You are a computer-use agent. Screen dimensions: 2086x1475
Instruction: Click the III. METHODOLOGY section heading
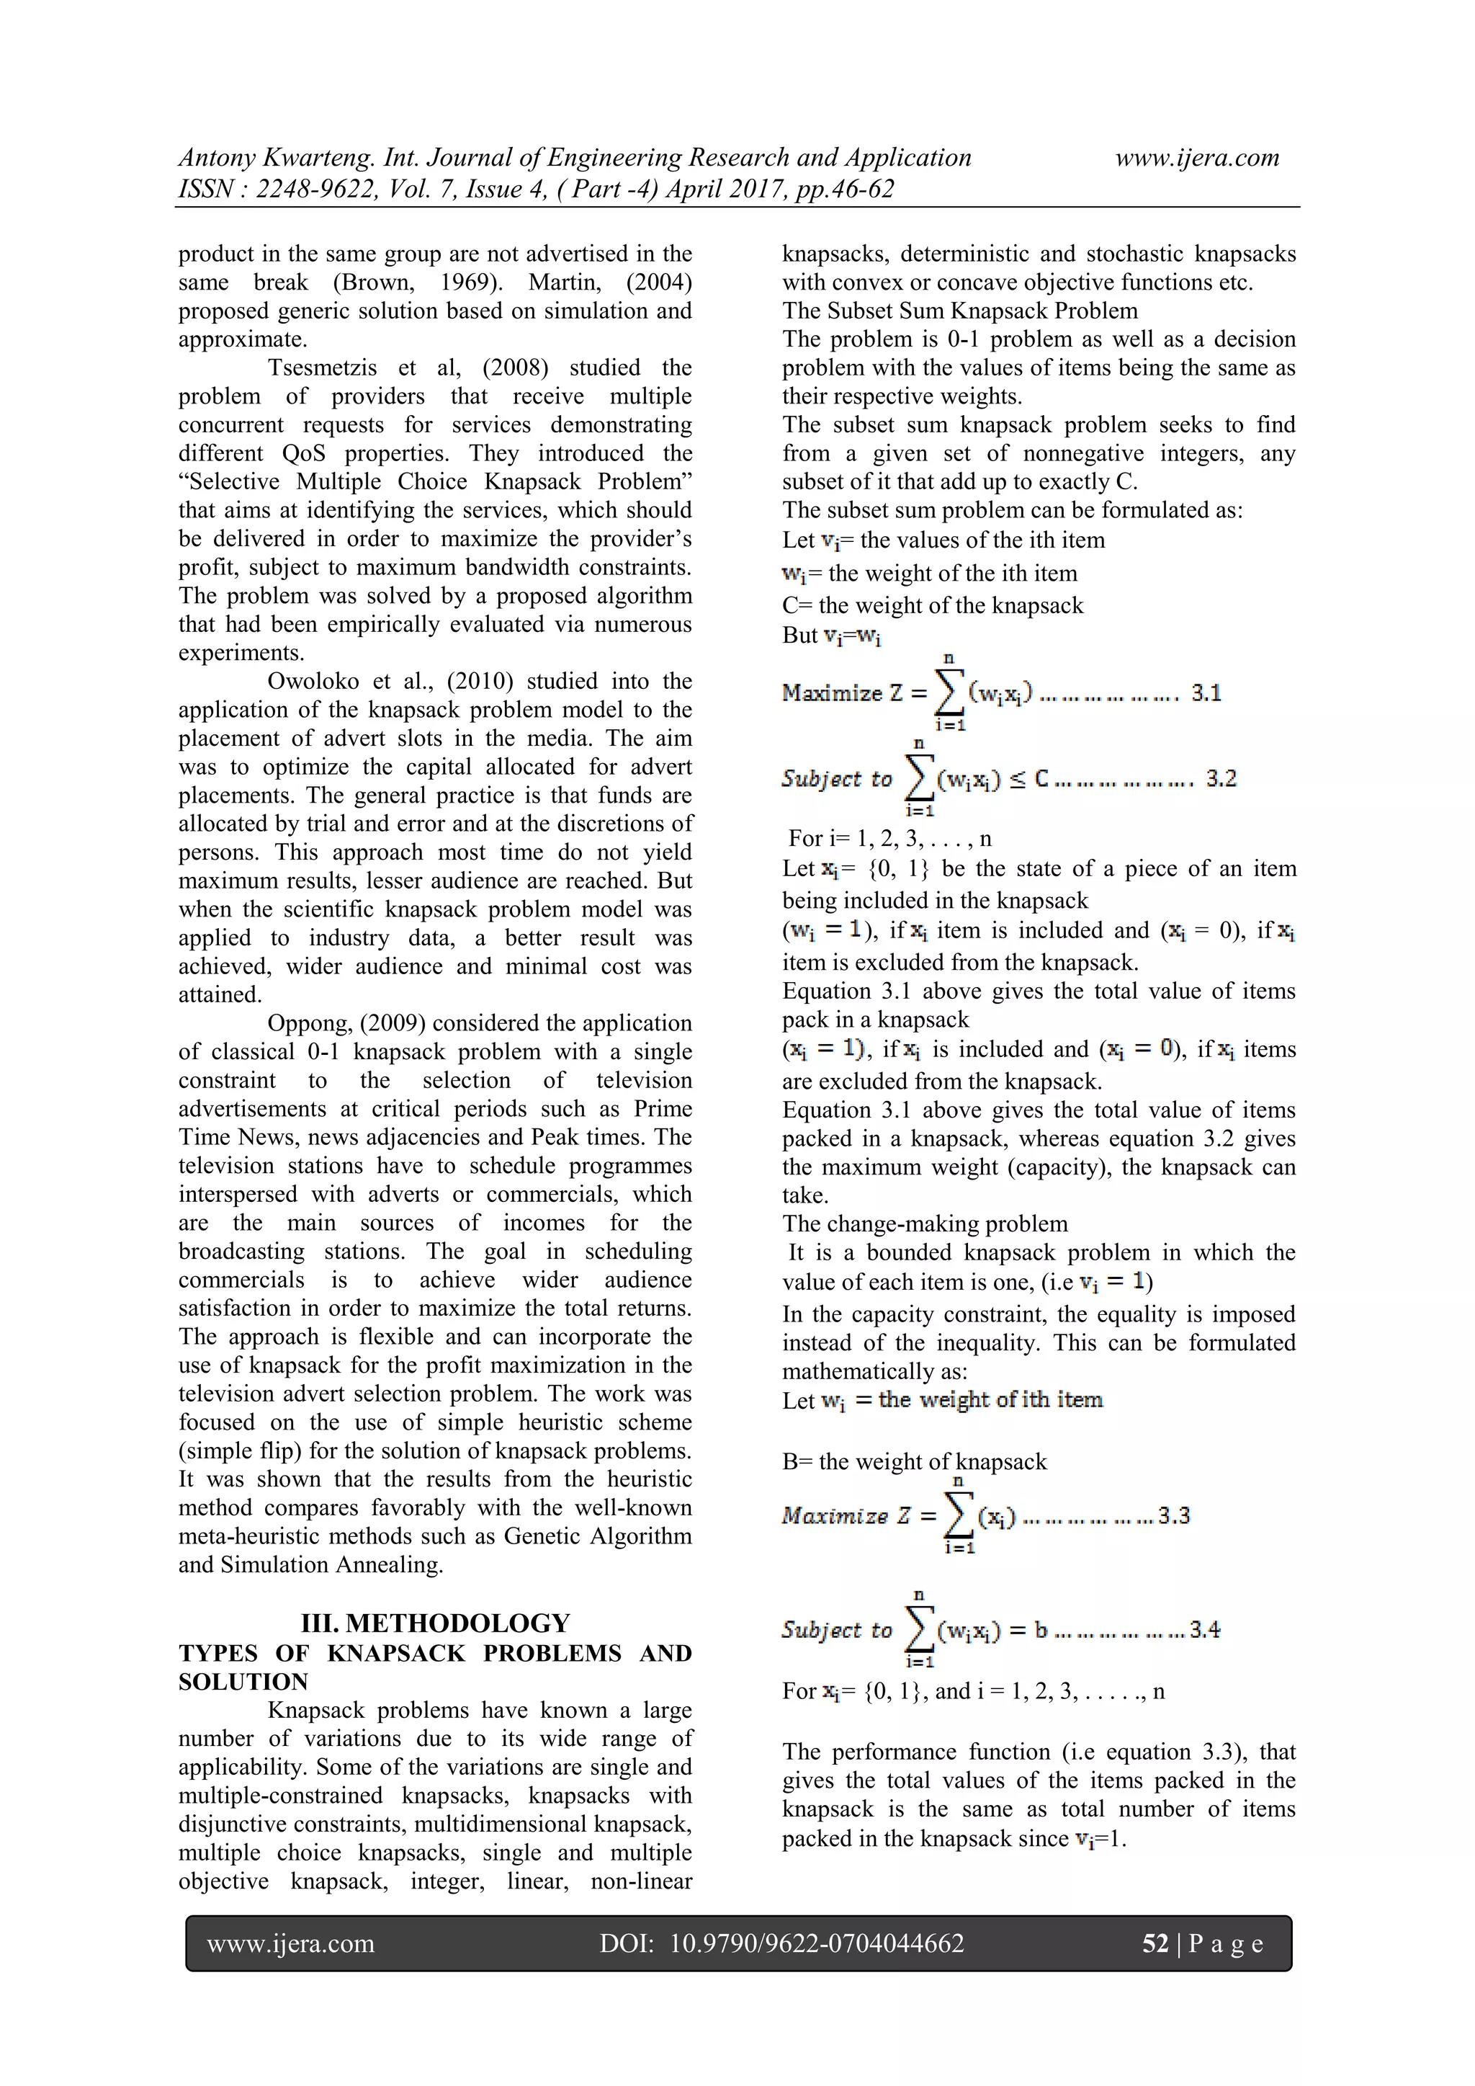[x=435, y=1623]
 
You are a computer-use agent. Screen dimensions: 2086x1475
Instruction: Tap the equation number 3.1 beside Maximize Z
[x=1206, y=693]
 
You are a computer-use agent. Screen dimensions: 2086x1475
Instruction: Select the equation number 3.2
[x=1221, y=779]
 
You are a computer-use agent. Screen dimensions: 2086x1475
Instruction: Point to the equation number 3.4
[x=1204, y=1630]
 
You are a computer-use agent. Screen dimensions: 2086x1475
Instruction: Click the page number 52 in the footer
[x=1155, y=1943]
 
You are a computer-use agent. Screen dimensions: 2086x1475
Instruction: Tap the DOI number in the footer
[x=817, y=1943]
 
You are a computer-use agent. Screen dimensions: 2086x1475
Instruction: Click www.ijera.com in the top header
[x=1196, y=157]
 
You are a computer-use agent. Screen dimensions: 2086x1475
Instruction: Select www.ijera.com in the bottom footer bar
[x=291, y=1943]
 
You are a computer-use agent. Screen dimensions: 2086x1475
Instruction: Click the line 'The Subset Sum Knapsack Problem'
[x=959, y=311]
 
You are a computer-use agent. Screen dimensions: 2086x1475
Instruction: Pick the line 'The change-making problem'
[x=925, y=1223]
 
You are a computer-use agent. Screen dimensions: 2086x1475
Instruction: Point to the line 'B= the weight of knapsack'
[x=914, y=1462]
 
